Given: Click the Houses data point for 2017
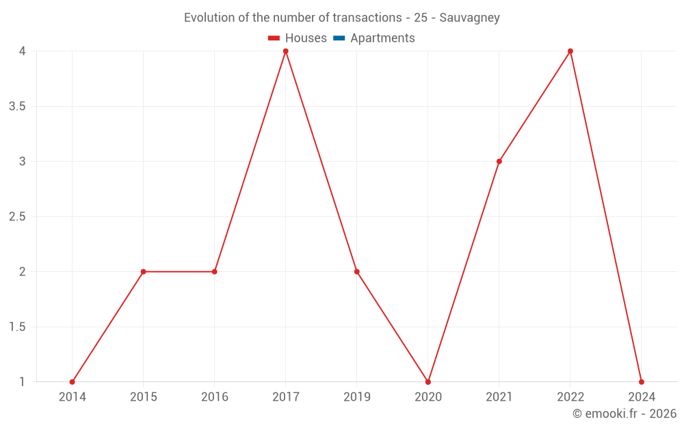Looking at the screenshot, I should [286, 51].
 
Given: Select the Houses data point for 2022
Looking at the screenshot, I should [570, 51].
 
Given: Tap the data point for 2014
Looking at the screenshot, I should [73, 382].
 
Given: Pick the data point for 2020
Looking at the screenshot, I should [428, 382].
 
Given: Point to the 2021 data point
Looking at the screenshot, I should [499, 162].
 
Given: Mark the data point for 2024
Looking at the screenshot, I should [642, 382].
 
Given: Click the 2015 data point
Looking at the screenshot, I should [144, 272].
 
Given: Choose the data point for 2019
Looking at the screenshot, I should [357, 272].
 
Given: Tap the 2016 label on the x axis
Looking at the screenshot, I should [215, 397].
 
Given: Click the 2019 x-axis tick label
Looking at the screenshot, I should [357, 397].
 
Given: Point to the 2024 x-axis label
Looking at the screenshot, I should [642, 397].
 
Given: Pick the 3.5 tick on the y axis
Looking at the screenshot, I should [18, 106].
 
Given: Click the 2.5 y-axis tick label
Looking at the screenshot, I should [18, 216].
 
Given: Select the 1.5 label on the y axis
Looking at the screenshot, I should [18, 327].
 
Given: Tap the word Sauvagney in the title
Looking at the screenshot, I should [469, 18].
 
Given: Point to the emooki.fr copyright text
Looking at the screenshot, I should [624, 414].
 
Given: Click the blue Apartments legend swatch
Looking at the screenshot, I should [339, 38].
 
